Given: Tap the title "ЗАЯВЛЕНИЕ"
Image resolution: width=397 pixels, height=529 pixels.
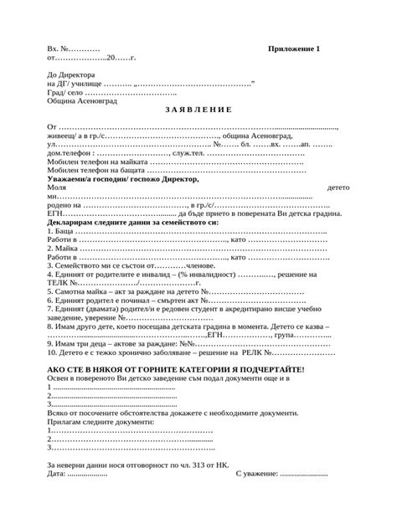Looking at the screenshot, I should point(198,110).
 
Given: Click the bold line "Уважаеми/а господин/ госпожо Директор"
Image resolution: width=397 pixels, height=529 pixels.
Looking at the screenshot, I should point(123,179).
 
